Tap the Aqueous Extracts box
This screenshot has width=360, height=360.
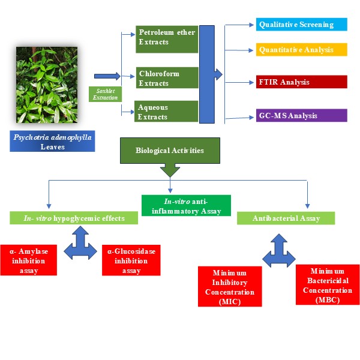(x=167, y=111)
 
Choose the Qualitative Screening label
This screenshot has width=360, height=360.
(x=302, y=25)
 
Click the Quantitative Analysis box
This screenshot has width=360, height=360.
(x=302, y=49)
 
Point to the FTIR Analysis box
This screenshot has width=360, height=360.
(x=302, y=82)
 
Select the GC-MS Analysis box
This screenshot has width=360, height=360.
(x=302, y=115)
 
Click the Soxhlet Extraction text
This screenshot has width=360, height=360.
(x=105, y=94)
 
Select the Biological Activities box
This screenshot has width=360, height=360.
(x=171, y=150)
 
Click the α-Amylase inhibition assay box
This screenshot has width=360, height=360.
(x=29, y=259)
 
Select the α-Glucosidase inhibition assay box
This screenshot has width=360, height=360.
(x=131, y=259)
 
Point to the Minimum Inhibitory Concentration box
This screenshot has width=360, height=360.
(x=230, y=287)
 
